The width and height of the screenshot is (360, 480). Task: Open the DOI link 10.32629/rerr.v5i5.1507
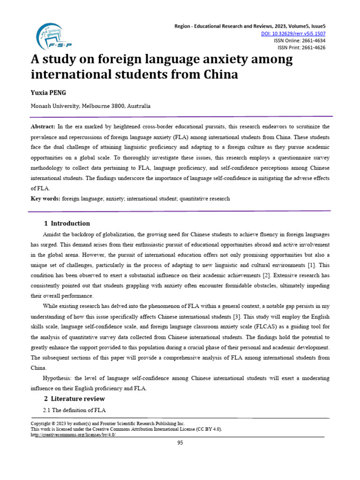tap(293, 34)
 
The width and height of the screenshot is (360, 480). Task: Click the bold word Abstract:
tap(43, 127)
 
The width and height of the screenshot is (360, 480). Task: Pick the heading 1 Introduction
tap(67, 223)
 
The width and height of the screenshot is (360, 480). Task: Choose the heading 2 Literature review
tap(74, 398)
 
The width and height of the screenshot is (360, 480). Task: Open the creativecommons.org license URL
tap(73, 435)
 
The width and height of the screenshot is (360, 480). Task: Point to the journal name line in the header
tap(249, 27)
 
